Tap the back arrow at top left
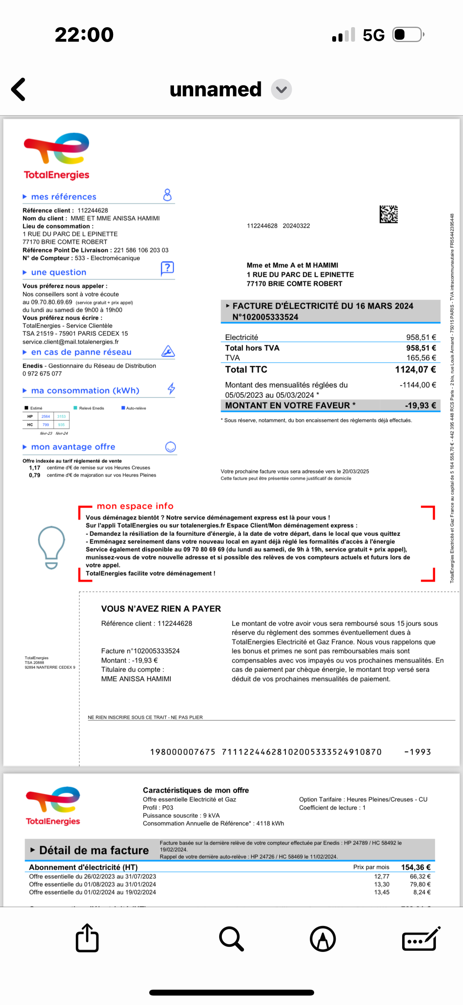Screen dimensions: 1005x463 tap(18, 89)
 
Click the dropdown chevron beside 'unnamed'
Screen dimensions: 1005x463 tap(281, 90)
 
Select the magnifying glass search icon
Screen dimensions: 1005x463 tap(231, 939)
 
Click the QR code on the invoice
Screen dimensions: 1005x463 tap(388, 214)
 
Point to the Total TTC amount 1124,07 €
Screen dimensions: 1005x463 tap(415, 370)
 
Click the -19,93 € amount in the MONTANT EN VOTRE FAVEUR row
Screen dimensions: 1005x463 tap(420, 405)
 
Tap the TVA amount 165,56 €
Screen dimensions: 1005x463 tap(421, 358)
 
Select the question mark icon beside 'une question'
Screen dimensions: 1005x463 tap(167, 269)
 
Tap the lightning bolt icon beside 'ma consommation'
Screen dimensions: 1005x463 tap(171, 389)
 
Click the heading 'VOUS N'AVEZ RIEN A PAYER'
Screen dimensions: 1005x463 tap(161, 609)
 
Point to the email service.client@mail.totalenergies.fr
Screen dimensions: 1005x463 tap(71, 342)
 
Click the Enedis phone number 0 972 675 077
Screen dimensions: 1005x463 tap(42, 374)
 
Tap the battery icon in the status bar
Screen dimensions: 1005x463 tap(408, 35)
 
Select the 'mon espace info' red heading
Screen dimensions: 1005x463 tap(135, 506)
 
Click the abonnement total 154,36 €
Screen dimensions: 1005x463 tap(415, 867)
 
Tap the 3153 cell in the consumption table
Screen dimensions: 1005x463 tap(61, 416)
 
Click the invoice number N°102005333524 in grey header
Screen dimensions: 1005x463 tap(265, 317)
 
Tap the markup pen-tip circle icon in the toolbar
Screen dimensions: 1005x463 tap(323, 939)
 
